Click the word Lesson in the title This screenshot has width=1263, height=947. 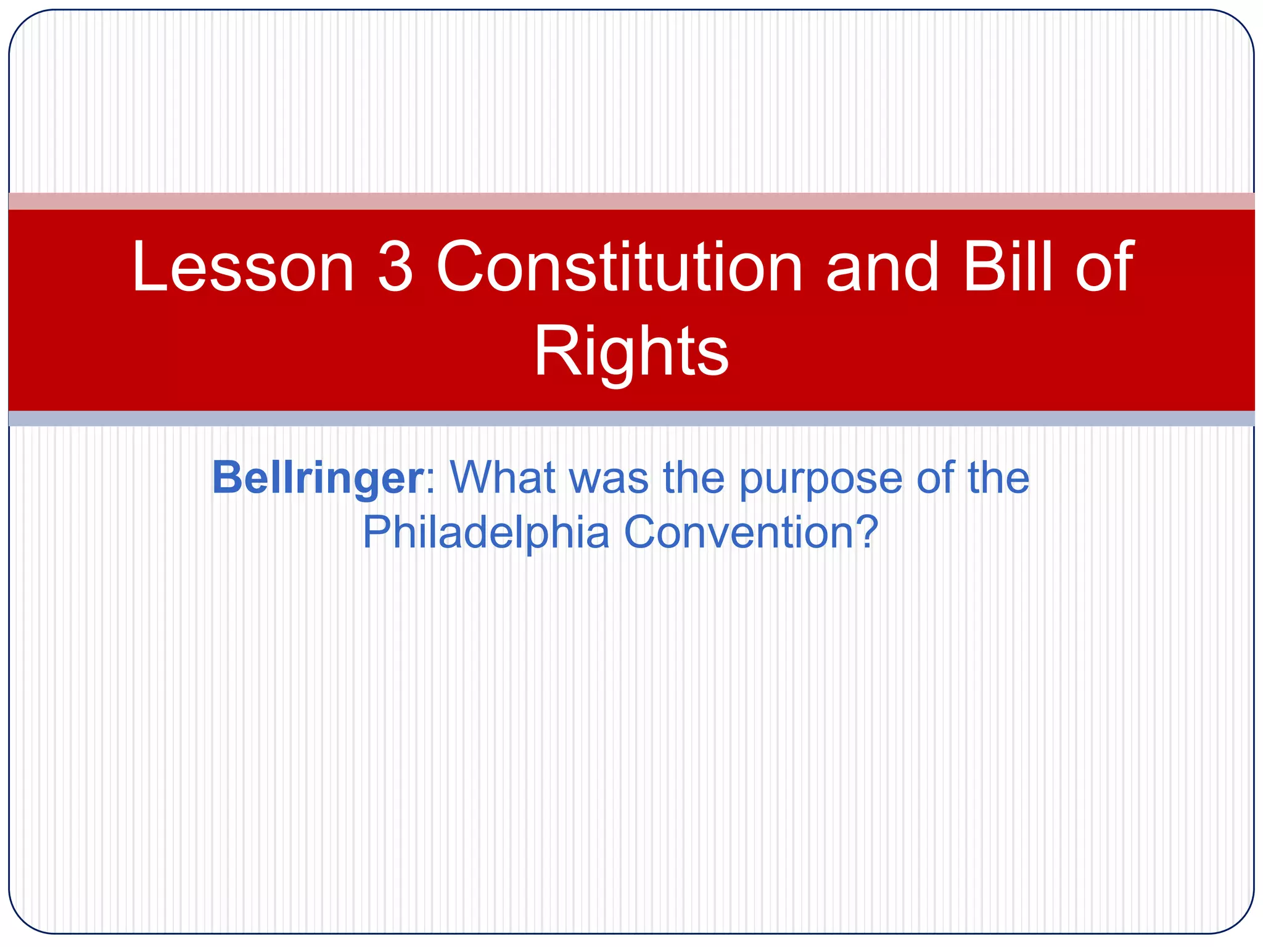click(x=243, y=266)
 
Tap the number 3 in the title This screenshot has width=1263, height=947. click(x=395, y=266)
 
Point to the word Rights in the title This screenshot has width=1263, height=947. click(x=631, y=351)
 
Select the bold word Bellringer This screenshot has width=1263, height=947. click(x=318, y=478)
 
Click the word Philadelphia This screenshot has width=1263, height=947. click(x=485, y=532)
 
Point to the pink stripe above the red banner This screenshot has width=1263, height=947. click(x=631, y=201)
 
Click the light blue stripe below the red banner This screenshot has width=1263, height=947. click(x=631, y=419)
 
